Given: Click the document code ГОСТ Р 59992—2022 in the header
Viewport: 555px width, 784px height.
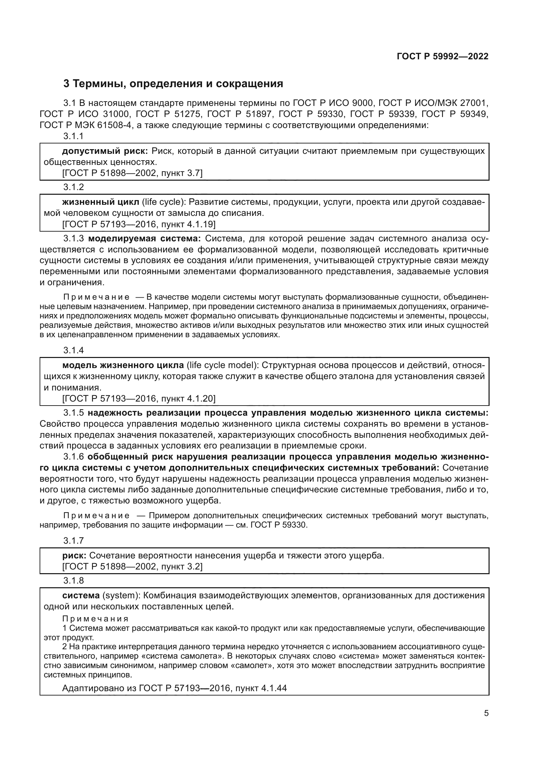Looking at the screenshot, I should (443, 56).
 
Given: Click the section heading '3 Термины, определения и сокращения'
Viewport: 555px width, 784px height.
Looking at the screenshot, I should (173, 84).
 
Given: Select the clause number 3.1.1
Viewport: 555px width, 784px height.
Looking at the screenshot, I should (73, 136).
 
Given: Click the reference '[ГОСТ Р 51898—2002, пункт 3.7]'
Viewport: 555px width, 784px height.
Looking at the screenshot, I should (133, 174).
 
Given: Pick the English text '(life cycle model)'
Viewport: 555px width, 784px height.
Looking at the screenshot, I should (222, 365).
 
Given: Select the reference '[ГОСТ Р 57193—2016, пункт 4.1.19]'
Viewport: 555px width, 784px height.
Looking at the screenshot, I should (139, 224).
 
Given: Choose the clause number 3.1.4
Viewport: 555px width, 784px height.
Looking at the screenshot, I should (73, 350).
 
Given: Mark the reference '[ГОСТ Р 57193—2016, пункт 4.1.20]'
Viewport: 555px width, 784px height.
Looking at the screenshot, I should (139, 399).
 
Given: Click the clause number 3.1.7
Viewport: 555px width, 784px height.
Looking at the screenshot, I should (73, 541).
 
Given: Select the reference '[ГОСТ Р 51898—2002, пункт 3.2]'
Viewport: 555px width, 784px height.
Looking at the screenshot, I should (133, 567).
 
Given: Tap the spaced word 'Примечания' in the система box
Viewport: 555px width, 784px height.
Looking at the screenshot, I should (96, 619).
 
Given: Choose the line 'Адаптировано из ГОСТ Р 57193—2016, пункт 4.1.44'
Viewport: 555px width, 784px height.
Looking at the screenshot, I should (174, 688).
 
